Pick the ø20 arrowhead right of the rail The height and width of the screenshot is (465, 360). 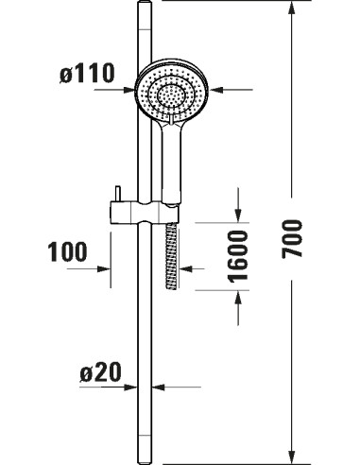[x=161, y=387]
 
